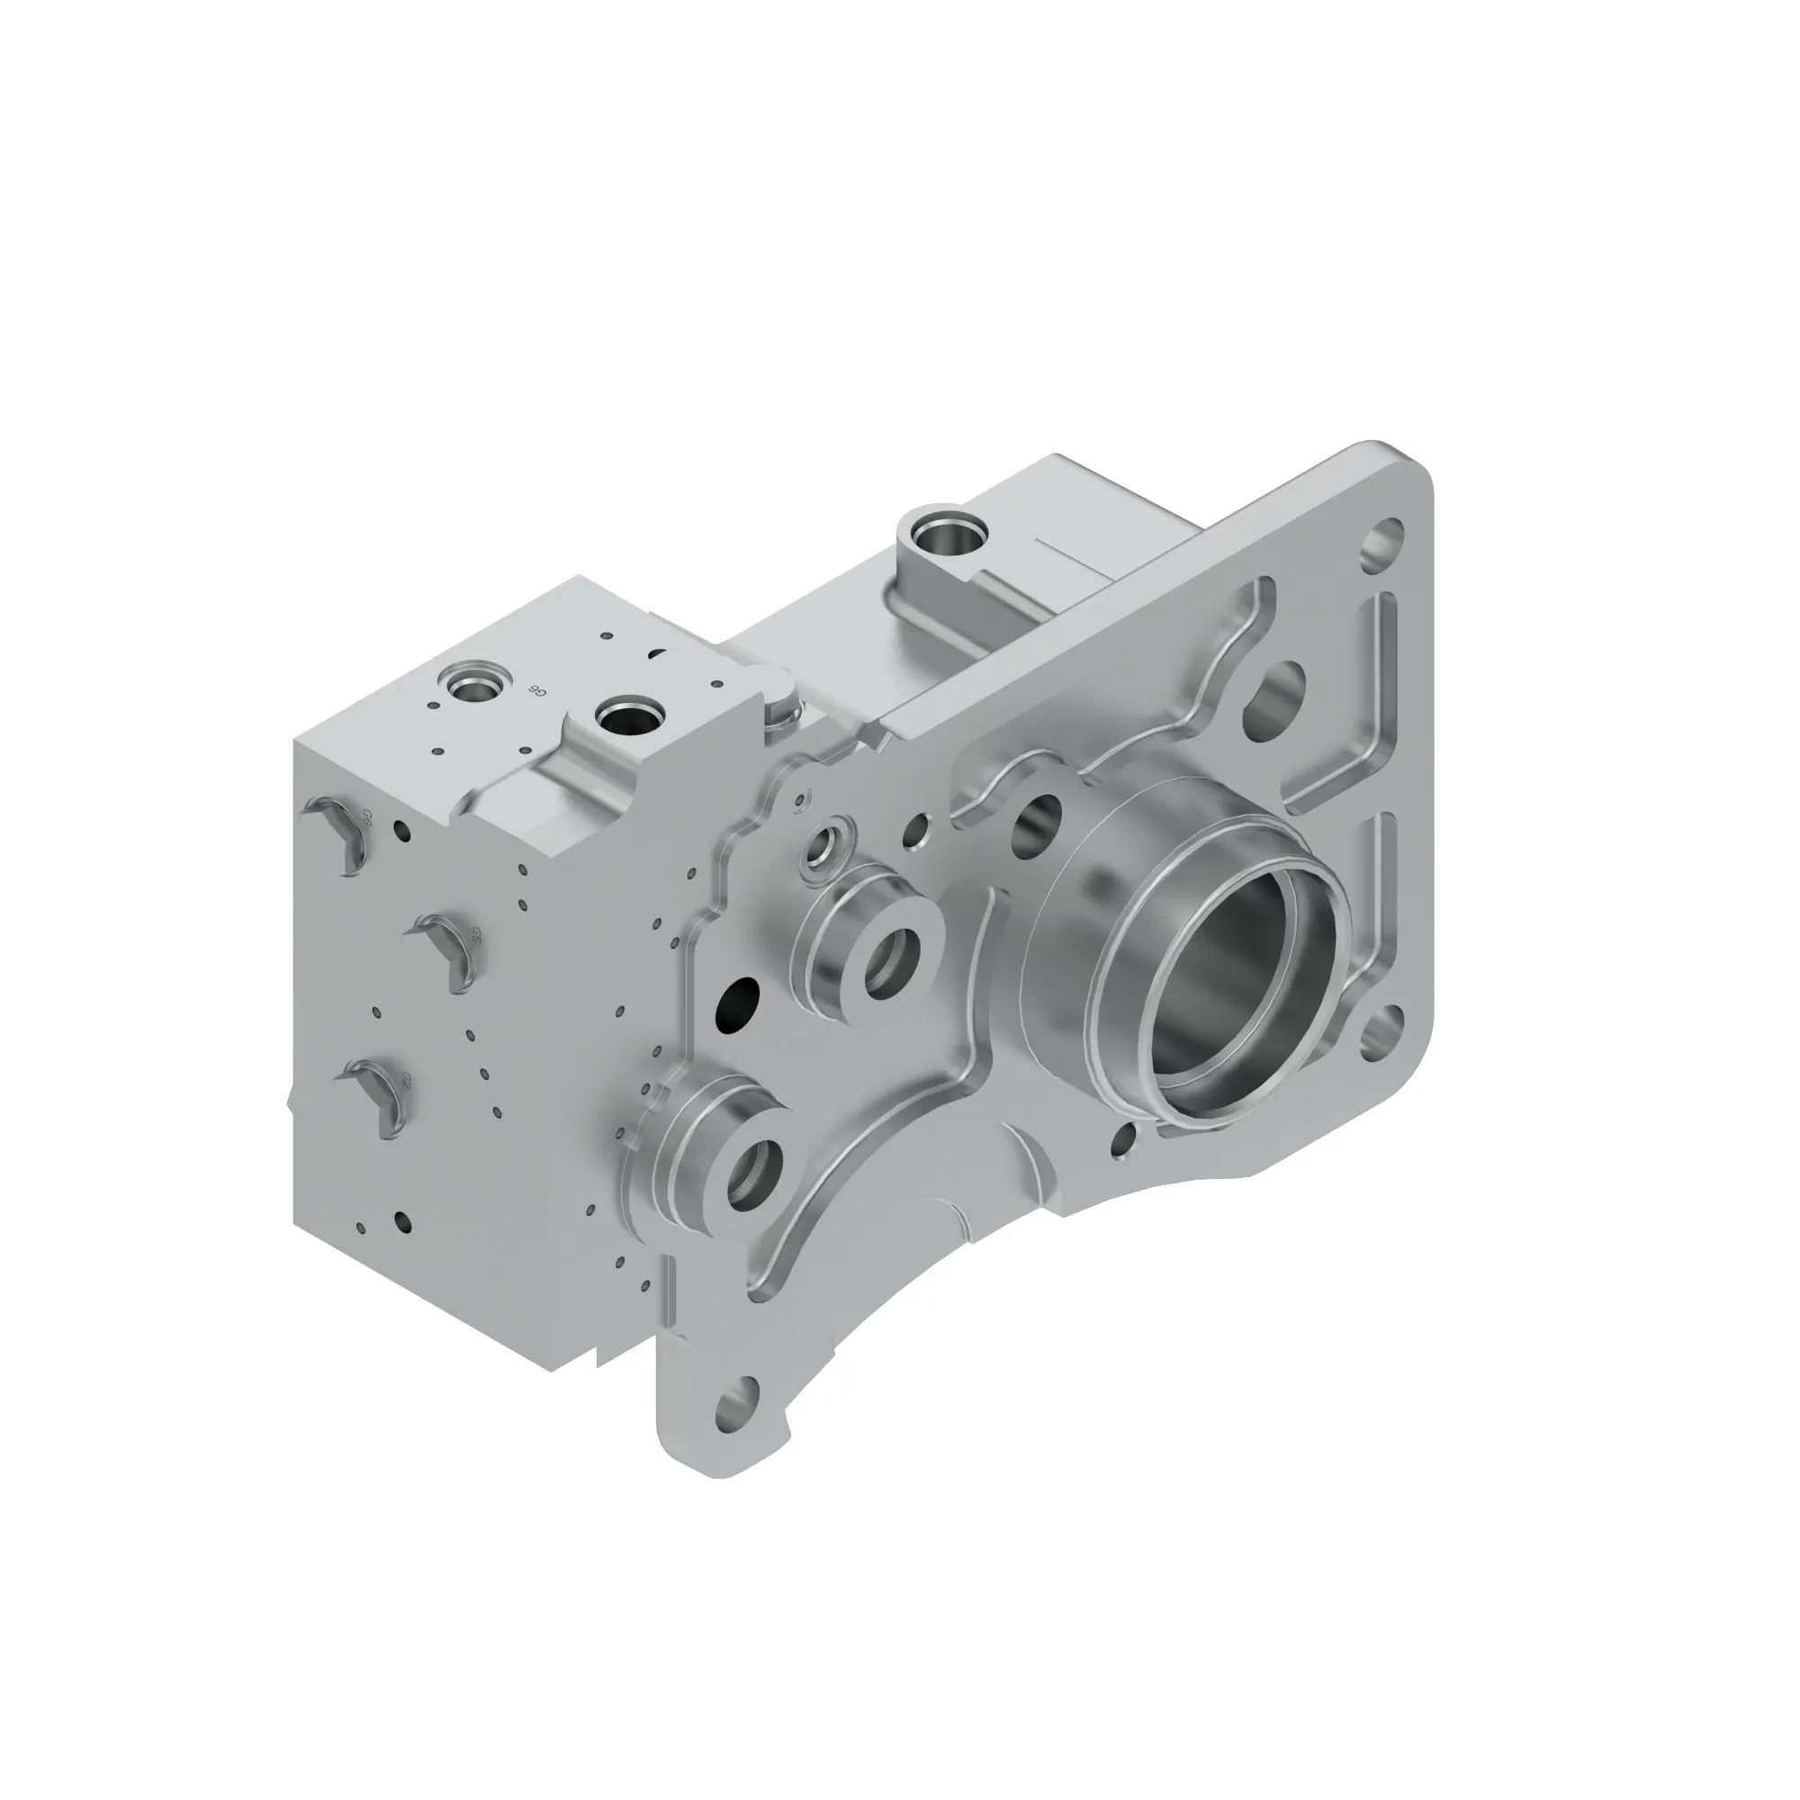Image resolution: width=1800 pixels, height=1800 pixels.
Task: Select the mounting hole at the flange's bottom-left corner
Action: pos(735,1422)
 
